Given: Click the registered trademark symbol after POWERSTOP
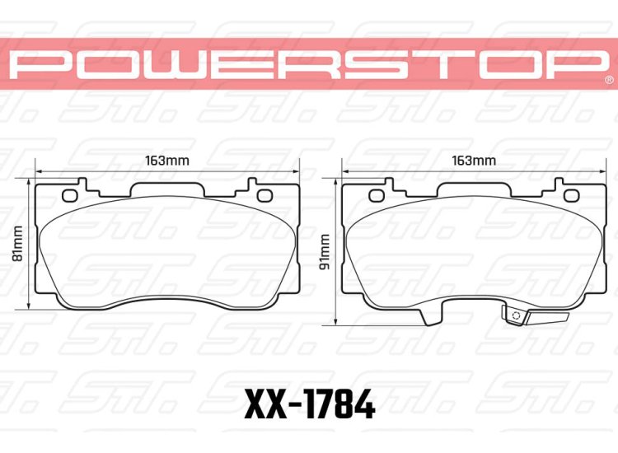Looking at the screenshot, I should coord(608,81).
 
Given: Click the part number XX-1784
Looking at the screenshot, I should coord(310,405).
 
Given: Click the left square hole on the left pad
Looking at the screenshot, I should coord(70,195).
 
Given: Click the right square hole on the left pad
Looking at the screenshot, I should coord(265,195).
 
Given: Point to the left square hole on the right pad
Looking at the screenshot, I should coord(377,195).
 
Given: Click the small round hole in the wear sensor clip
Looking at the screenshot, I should coord(516,315).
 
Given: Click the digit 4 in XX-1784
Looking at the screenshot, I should coord(363,405).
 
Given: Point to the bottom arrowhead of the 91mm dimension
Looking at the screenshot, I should coord(338,321).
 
